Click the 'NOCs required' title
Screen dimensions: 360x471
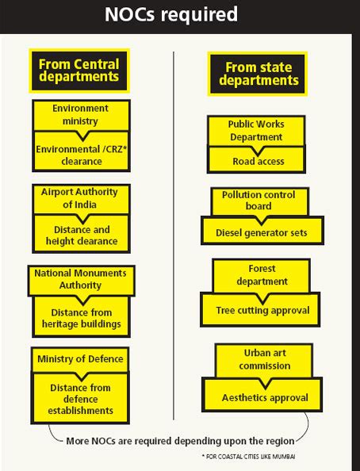[x=171, y=14]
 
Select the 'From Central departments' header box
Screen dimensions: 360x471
[x=79, y=71]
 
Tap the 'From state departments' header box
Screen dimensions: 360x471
[x=258, y=74]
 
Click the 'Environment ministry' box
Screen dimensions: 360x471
[x=81, y=115]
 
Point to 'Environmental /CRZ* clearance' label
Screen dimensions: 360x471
[x=81, y=155]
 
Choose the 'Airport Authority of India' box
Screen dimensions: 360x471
[x=81, y=199]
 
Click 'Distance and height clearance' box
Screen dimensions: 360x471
[x=81, y=234]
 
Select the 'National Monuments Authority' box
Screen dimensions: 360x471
[x=81, y=281]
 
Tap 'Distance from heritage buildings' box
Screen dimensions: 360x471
[x=81, y=316]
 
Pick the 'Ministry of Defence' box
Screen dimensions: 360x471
[x=80, y=359]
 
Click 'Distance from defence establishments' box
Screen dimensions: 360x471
[x=80, y=398]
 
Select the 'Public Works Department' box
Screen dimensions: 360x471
[x=256, y=131]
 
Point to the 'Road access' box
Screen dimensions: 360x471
[x=256, y=160]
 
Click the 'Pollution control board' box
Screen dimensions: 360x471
[x=260, y=201]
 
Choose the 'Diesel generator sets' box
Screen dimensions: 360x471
[x=262, y=231]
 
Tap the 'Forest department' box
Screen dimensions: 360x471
[x=262, y=275]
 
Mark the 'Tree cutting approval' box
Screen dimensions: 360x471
[x=260, y=310]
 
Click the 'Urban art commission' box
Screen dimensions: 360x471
[x=264, y=360]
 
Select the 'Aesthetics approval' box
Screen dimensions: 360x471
[x=262, y=394]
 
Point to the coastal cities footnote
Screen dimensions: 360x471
[x=248, y=457]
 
